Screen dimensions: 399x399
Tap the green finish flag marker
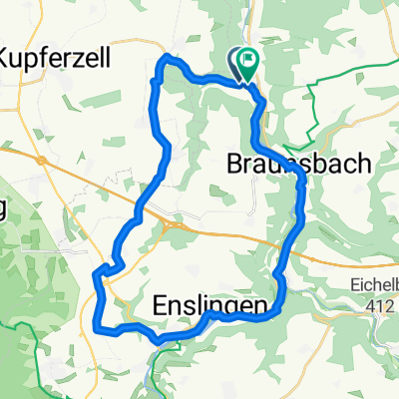point(246,62)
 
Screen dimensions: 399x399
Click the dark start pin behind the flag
point(237,62)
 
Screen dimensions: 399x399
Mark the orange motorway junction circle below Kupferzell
point(41,160)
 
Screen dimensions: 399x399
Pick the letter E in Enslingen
point(163,303)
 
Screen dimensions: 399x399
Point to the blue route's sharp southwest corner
point(96,325)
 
